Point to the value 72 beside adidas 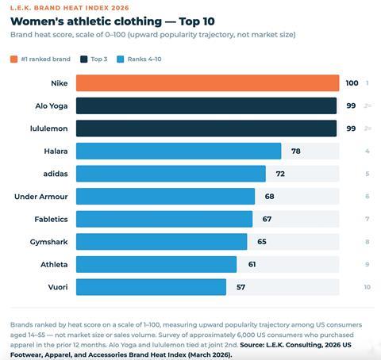click(x=280, y=174)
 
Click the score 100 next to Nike click(x=352, y=83)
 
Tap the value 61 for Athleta click(x=252, y=264)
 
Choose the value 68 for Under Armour click(x=270, y=196)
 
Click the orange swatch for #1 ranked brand click(x=14, y=59)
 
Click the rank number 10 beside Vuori click(x=367, y=287)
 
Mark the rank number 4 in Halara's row click(x=368, y=151)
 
